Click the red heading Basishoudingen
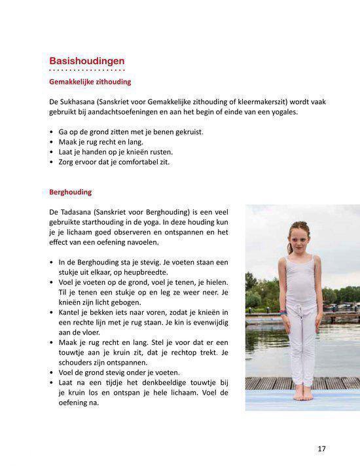pos(86,62)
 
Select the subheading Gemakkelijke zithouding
pos(90,82)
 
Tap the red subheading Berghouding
pos(71,192)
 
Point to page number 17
pos(321,449)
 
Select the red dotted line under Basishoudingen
pos(86,70)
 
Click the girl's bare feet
pos(302,395)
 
